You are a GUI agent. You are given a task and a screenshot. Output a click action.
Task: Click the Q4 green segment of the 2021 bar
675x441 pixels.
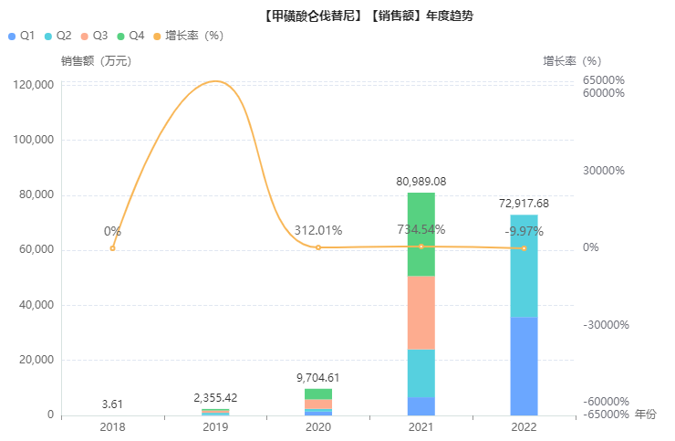[x=421, y=234]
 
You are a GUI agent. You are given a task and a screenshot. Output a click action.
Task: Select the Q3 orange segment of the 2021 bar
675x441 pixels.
[x=421, y=312]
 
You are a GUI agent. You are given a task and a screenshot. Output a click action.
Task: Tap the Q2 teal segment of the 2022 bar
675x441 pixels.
[x=524, y=266]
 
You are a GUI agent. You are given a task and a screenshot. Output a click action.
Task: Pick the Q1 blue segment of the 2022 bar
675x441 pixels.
[x=524, y=366]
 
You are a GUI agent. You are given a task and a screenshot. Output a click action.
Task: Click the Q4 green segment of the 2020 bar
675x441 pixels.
[x=318, y=394]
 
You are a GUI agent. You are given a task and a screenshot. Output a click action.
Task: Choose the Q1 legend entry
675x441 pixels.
[x=21, y=36]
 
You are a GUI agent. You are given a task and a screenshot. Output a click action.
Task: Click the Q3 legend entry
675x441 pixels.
[x=94, y=36]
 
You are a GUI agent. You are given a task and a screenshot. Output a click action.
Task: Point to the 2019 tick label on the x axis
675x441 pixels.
[x=215, y=426]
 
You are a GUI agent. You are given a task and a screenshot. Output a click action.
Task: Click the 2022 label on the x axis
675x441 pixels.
[x=524, y=426]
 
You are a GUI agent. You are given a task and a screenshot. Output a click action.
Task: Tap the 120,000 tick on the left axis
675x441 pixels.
[x=36, y=85]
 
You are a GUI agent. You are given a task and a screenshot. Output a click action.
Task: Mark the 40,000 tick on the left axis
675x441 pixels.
[x=38, y=305]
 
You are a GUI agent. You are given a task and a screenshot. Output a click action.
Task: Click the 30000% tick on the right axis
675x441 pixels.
[x=604, y=171]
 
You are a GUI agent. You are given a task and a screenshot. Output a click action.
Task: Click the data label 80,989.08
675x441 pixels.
[x=421, y=182]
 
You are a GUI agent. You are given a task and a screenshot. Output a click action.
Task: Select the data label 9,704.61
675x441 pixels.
[x=318, y=378]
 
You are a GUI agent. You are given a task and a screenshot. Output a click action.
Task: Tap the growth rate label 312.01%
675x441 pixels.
[x=318, y=230]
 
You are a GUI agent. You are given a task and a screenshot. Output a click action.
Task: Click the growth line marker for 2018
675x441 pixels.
[x=112, y=247]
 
